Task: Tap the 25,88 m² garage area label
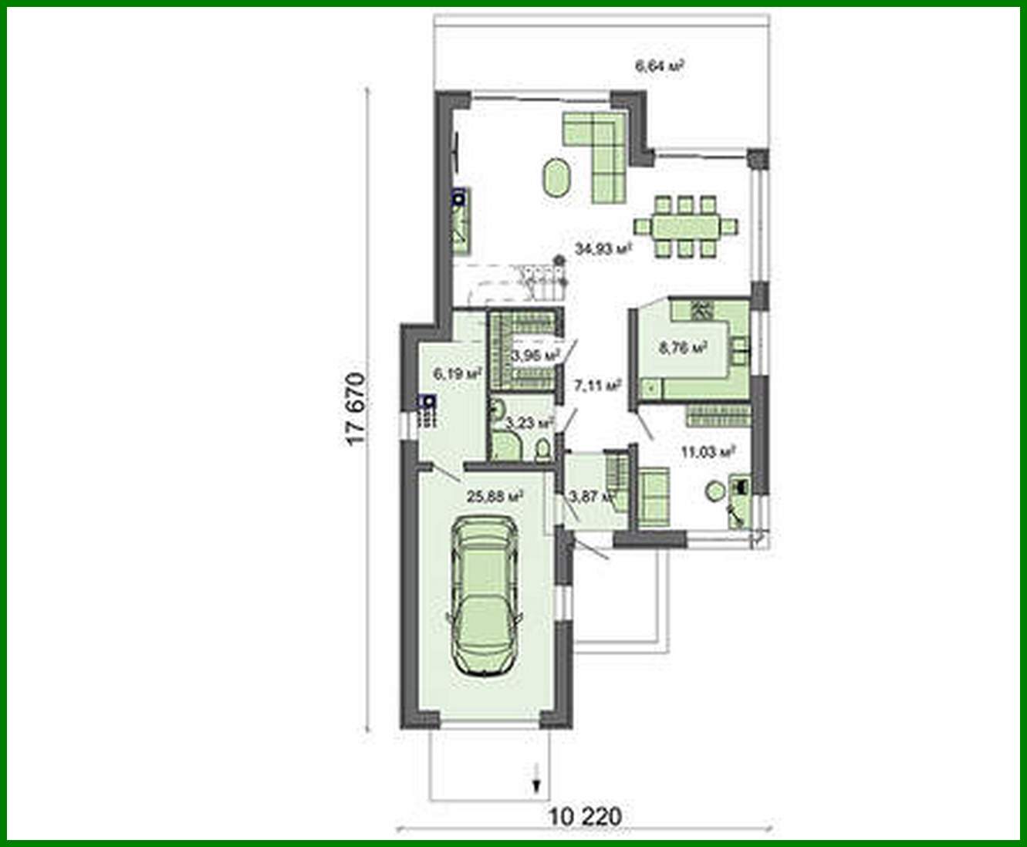pos(494,496)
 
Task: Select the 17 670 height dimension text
pos(354,410)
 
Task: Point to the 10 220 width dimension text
pos(586,815)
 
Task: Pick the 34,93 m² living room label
pos(603,248)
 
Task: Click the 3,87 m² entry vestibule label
pos(589,496)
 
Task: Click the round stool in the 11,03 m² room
pos(715,489)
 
